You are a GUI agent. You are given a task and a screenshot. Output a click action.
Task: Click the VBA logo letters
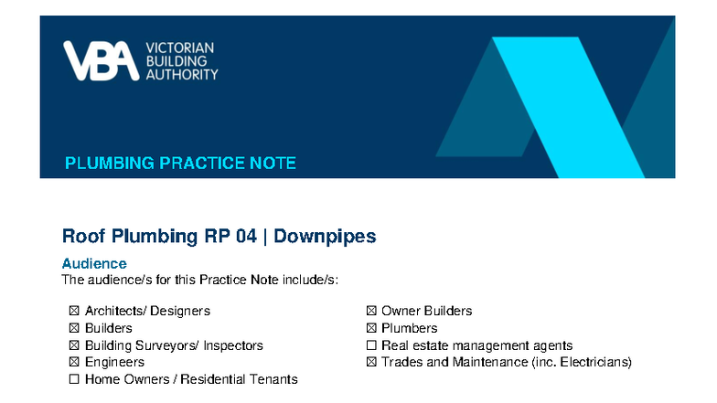coord(100,61)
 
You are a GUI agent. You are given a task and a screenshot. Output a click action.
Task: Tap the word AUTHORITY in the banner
coord(182,74)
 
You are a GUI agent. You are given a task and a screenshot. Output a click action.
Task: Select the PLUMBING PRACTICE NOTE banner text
coord(180,164)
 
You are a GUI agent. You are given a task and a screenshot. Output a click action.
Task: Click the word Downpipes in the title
coord(325,237)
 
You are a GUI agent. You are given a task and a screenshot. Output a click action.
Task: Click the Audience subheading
coord(94,264)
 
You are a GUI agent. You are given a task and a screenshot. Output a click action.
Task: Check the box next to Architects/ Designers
coord(74,311)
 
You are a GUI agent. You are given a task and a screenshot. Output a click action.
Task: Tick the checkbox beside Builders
coord(74,328)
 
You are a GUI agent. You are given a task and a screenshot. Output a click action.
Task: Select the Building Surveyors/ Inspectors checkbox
coord(74,345)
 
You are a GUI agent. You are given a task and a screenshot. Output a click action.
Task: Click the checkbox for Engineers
coord(74,362)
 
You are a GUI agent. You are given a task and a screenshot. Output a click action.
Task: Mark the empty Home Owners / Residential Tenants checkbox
coord(74,379)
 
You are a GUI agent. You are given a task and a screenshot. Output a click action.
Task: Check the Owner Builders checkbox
coord(371,311)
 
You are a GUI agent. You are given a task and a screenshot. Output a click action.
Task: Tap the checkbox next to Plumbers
coord(371,328)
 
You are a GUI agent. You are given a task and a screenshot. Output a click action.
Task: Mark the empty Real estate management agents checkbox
coord(371,345)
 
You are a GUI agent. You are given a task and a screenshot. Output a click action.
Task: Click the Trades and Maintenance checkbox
coord(371,362)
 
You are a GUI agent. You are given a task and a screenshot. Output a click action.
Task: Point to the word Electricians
coord(593,362)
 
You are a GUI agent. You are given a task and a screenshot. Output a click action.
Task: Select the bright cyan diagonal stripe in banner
coord(567,110)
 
